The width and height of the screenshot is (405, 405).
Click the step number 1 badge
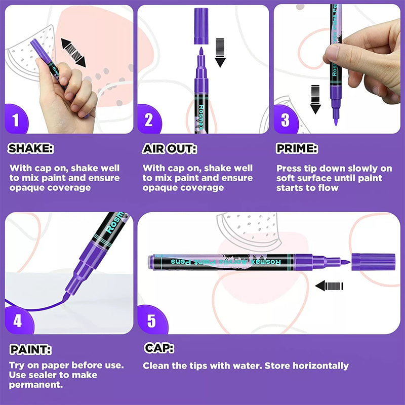pyautogui.click(x=16, y=119)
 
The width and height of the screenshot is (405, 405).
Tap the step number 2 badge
pyautogui.click(x=149, y=119)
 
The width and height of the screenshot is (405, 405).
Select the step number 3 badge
pyautogui.click(x=286, y=119)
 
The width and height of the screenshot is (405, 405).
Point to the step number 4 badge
pyautogui.click(x=18, y=320)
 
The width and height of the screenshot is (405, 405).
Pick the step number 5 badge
pyautogui.click(x=152, y=320)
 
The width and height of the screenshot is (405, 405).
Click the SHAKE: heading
pyautogui.click(x=31, y=148)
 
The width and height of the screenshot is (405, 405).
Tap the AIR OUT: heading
pyautogui.click(x=170, y=149)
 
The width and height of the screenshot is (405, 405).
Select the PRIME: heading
pyautogui.click(x=297, y=148)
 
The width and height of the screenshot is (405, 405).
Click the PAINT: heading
pyautogui.click(x=30, y=349)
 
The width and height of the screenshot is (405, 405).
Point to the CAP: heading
pyautogui.click(x=159, y=348)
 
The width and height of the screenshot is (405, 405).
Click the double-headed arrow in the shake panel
pyautogui.click(x=73, y=53)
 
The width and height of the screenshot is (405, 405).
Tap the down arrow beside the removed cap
pyautogui.click(x=220, y=53)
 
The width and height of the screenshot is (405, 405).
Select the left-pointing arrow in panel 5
pyautogui.click(x=330, y=286)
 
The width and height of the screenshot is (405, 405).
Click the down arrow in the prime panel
pyautogui.click(x=315, y=99)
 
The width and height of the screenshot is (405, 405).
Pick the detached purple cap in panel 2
pyautogui.click(x=201, y=26)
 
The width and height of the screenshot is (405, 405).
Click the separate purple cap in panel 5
pyautogui.click(x=373, y=262)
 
